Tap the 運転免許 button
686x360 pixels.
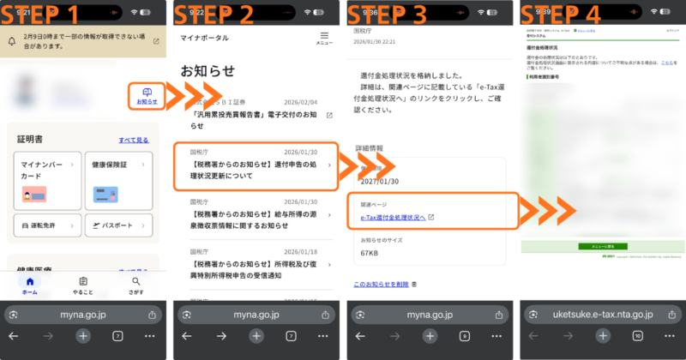(46, 225)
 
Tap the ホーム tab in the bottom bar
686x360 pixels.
(30, 285)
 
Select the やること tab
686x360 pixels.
(83, 285)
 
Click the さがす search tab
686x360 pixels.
(135, 285)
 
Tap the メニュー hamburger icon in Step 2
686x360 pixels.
(324, 39)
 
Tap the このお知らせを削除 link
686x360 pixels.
(382, 284)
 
